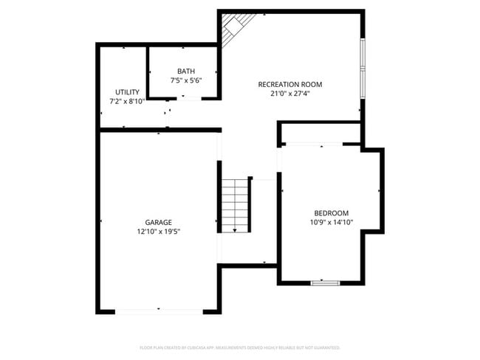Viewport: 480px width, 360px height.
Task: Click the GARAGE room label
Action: pos(158,222)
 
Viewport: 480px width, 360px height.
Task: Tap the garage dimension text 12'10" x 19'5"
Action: pos(158,232)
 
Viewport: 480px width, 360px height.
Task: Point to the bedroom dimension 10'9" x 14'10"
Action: pos(331,222)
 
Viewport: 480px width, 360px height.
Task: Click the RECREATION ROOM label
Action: pos(289,84)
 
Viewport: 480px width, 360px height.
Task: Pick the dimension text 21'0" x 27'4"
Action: pos(289,94)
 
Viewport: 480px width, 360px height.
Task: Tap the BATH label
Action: pos(186,72)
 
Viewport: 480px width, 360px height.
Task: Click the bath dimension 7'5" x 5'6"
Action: pos(186,80)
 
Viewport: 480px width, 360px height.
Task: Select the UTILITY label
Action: pos(127,92)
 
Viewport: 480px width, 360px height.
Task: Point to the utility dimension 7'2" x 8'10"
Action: pos(127,101)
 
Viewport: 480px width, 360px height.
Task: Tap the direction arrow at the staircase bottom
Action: pos(236,230)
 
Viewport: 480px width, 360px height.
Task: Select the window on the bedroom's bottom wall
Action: pos(325,283)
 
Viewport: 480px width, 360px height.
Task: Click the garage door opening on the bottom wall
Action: pos(158,311)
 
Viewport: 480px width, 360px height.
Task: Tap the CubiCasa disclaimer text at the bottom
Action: pos(240,347)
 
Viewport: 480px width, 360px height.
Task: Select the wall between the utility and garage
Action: pos(160,131)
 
